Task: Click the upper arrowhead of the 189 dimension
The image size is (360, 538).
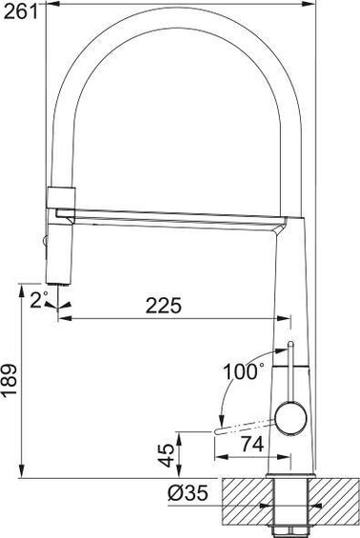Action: tap(23, 289)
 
